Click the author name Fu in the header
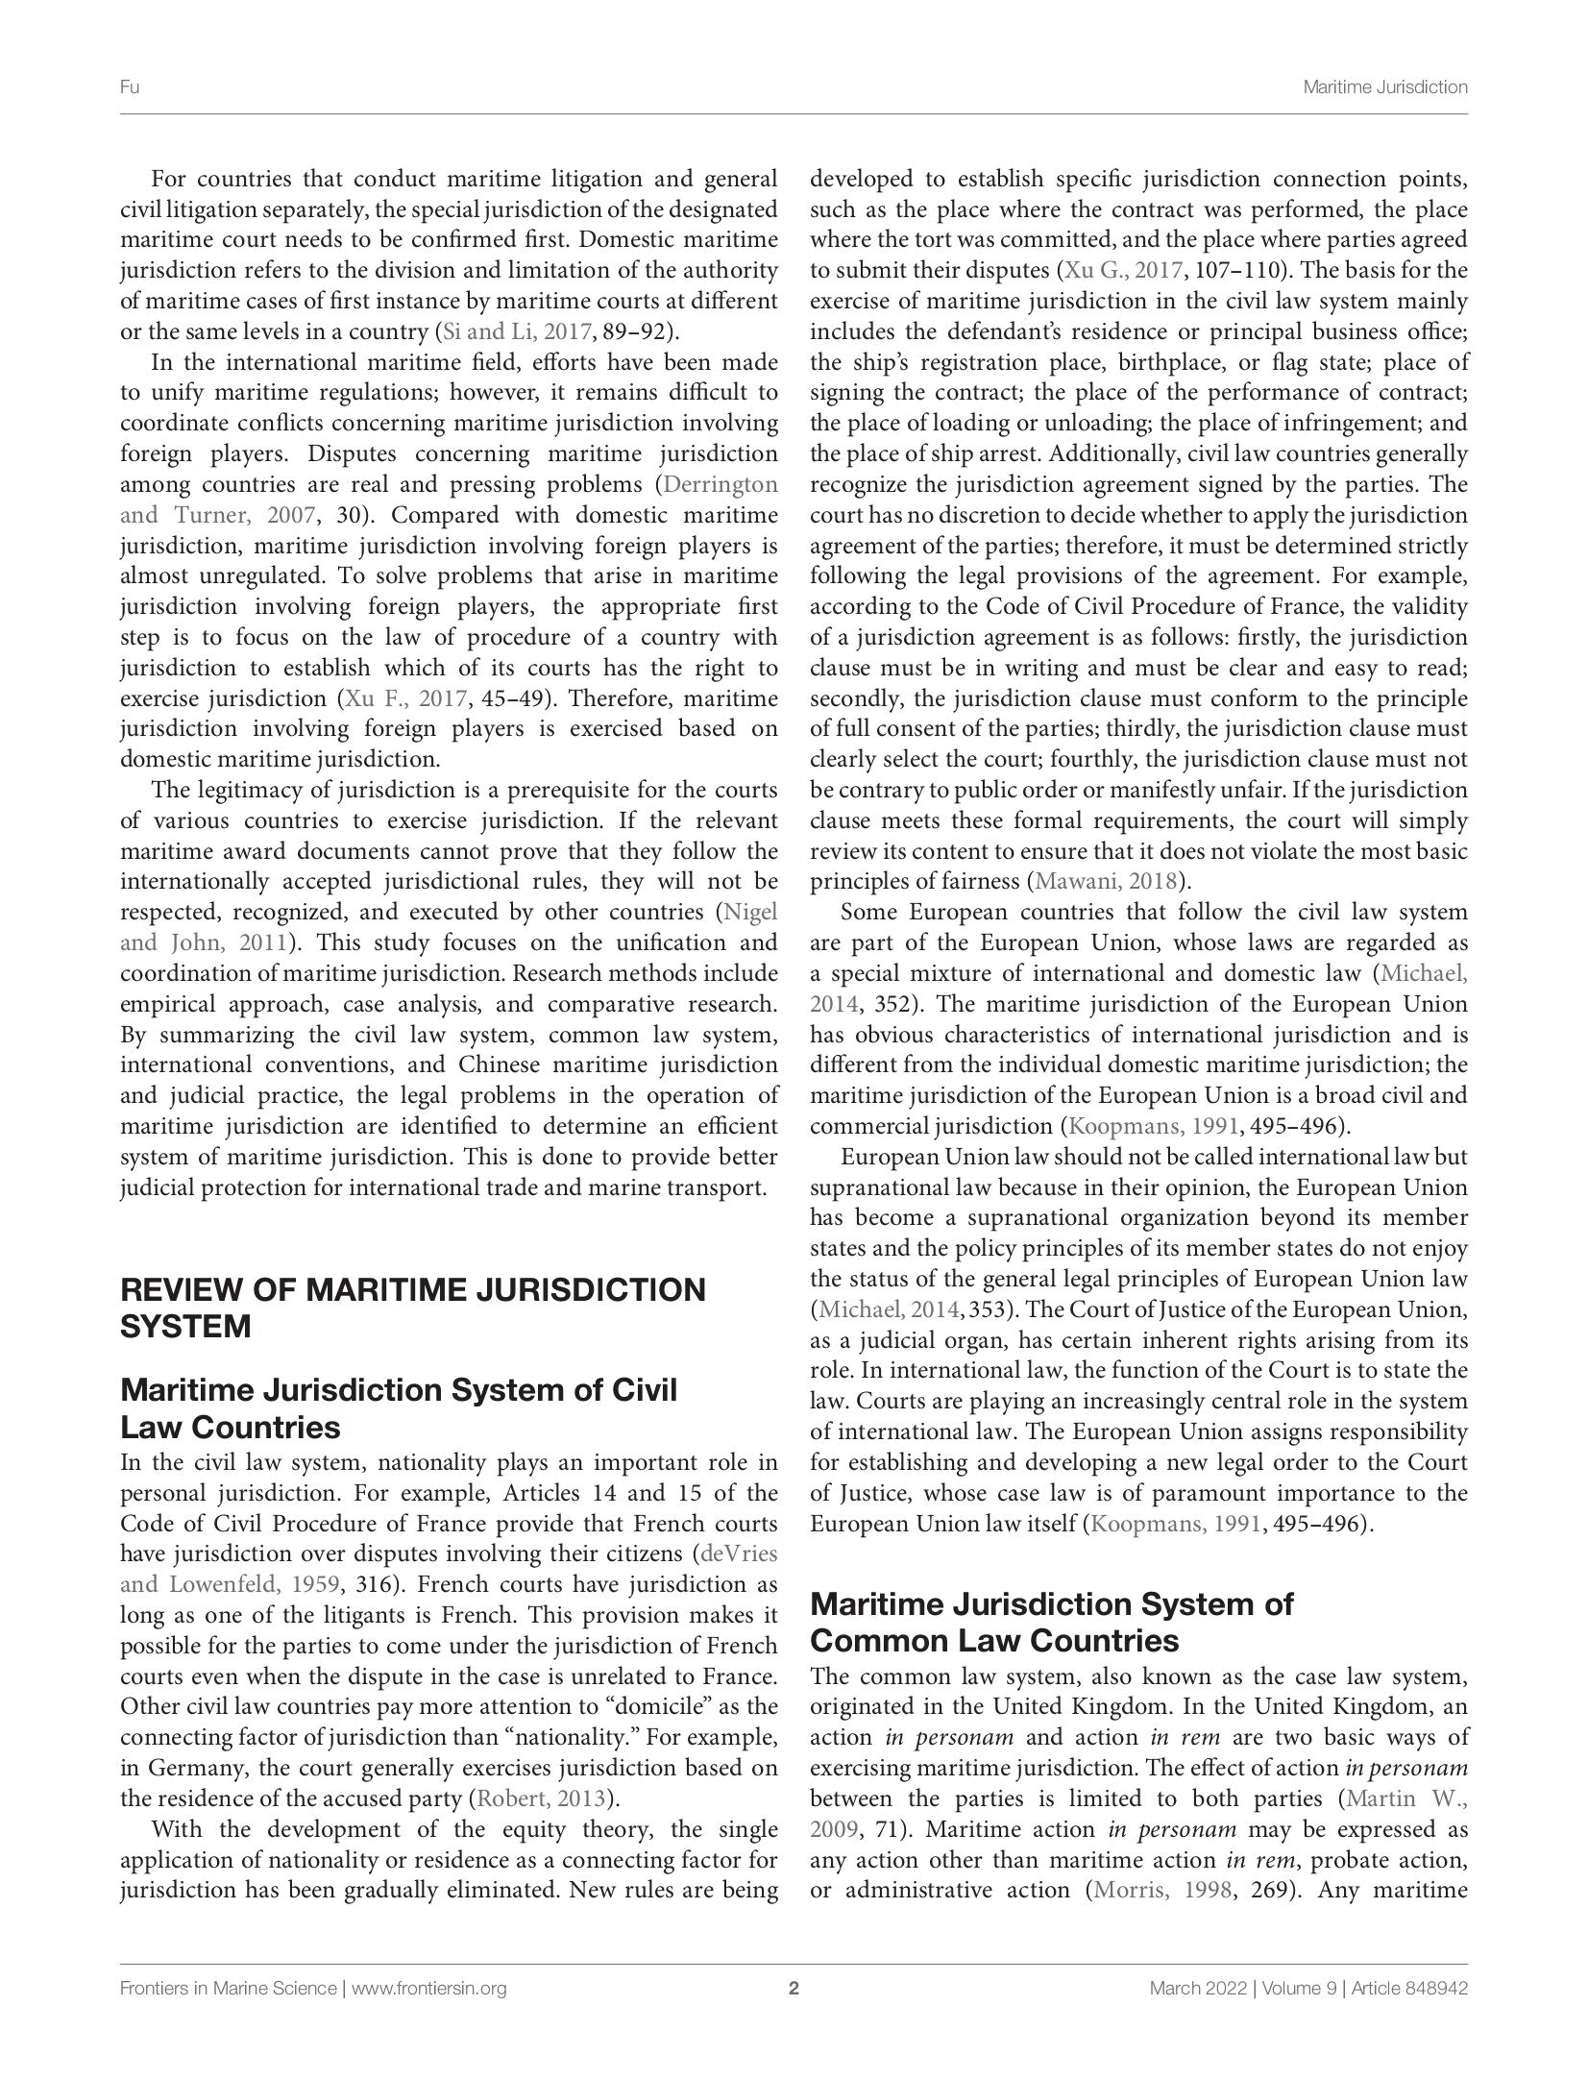(130, 87)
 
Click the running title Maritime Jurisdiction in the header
(1384, 87)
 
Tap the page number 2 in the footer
(794, 1989)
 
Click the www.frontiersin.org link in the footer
(428, 1989)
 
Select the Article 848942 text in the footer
(1407, 1989)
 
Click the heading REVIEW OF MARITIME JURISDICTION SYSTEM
(412, 1308)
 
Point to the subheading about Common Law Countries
(1051, 1622)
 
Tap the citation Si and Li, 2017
(514, 332)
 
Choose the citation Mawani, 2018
(1105, 882)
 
